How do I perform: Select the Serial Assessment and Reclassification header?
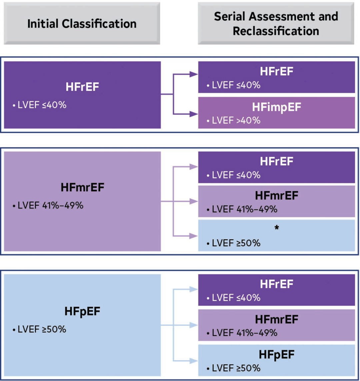(x=276, y=24)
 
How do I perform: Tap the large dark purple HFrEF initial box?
(x=82, y=95)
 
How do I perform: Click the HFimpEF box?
(x=276, y=113)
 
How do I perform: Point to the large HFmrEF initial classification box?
(x=82, y=201)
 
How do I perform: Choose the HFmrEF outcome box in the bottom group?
(x=276, y=325)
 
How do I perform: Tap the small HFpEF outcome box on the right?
(x=276, y=360)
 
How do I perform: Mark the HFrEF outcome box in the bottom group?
(x=276, y=290)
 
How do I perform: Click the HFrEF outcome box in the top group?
(x=276, y=77)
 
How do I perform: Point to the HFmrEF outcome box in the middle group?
(x=276, y=202)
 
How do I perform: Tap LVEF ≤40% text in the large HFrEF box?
(x=39, y=105)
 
